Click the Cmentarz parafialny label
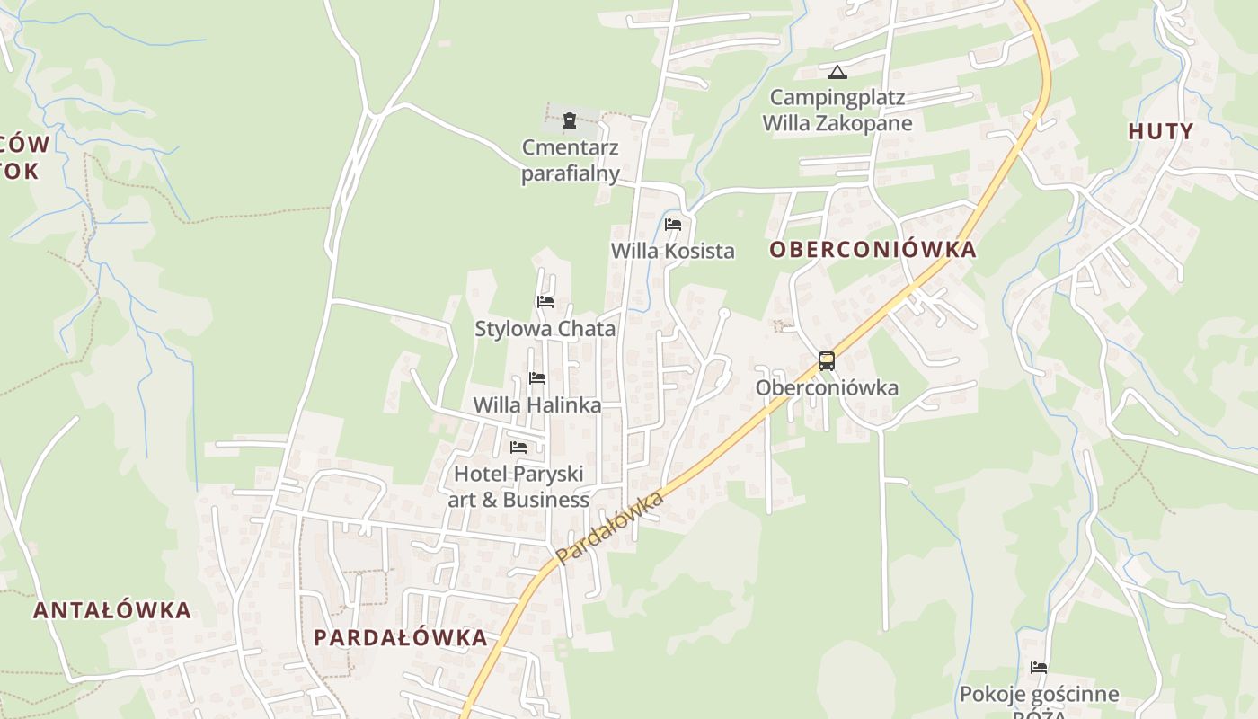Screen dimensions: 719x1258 pos(571,160)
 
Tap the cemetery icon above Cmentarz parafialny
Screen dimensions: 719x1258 pos(570,120)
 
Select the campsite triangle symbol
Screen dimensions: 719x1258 pos(837,72)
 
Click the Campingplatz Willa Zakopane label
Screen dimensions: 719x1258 pos(837,110)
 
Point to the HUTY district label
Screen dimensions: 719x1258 pos(1161,131)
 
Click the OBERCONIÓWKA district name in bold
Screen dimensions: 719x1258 pos(873,250)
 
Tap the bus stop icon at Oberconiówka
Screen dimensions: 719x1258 pos(827,361)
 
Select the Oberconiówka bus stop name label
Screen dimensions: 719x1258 pos(827,388)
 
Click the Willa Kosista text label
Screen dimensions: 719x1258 pos(673,251)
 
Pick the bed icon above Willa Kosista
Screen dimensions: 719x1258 pos(673,225)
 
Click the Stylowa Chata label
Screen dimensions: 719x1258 pos(545,328)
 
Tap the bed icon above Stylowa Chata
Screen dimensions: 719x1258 pos(545,302)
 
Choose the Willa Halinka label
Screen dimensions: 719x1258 pos(537,405)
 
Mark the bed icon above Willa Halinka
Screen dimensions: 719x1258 pos(537,378)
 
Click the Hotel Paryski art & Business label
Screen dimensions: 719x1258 pos(519,486)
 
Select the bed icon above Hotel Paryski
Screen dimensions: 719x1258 pos(518,448)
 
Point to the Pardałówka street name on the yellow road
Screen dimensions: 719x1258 pos(610,528)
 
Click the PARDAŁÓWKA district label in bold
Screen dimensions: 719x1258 pos(401,638)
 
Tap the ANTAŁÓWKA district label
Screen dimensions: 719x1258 pos(112,611)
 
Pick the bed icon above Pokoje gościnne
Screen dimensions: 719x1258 pos(1039,668)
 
